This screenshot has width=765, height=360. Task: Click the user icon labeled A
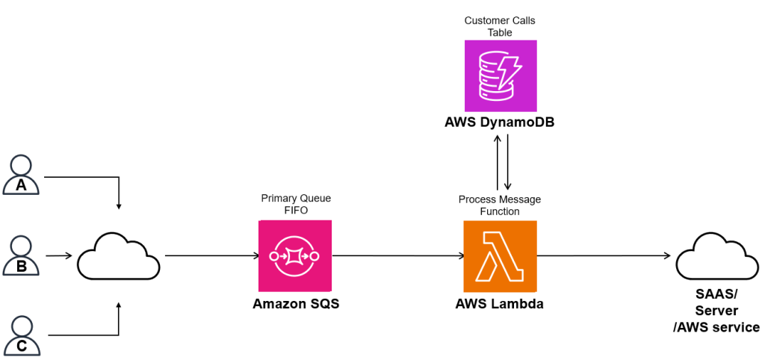tap(22, 176)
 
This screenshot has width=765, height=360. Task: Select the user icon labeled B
tap(22, 256)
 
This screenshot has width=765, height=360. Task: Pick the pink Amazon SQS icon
tap(295, 256)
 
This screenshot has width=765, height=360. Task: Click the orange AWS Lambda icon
tap(499, 256)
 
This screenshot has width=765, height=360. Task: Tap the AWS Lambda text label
tap(499, 304)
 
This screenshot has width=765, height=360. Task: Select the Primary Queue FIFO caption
tap(295, 204)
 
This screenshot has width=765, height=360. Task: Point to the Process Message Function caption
tap(499, 205)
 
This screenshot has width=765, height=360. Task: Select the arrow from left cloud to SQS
tap(211, 256)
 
